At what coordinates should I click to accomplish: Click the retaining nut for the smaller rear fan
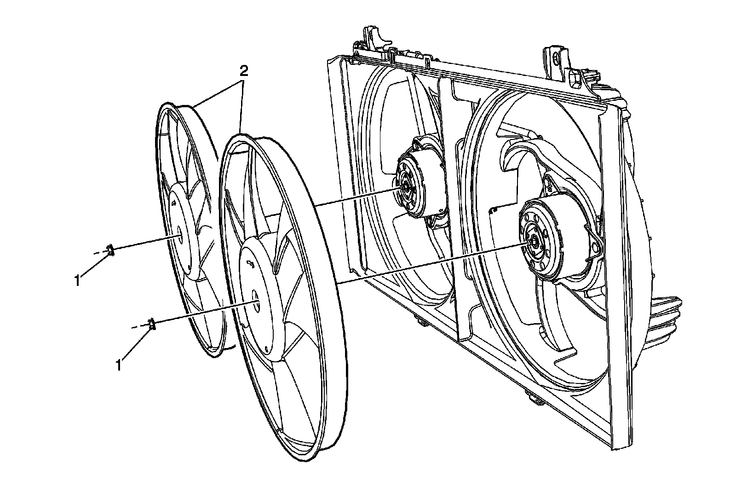click(110, 250)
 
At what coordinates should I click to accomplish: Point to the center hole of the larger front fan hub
click(256, 302)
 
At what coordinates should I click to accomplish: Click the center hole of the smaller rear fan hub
click(179, 235)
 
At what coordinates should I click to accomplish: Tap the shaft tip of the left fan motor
click(407, 186)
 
